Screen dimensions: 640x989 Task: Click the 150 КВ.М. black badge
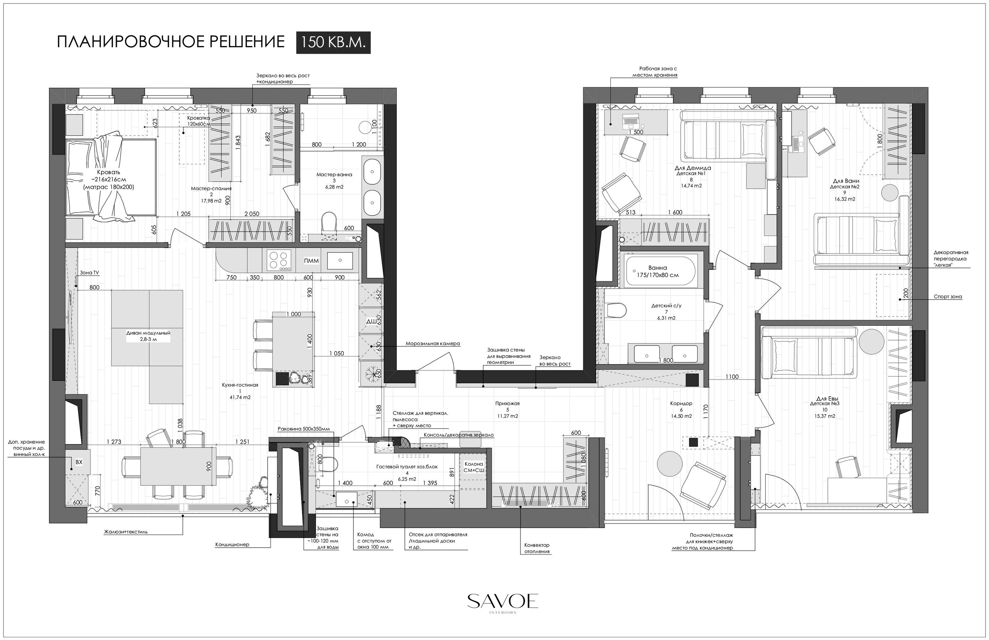point(333,43)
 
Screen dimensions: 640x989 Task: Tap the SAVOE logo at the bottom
point(503,601)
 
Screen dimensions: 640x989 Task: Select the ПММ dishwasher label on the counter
point(311,261)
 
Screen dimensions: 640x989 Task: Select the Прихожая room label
point(507,403)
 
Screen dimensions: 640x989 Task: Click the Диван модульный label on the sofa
point(148,333)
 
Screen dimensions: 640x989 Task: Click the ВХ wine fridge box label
point(79,462)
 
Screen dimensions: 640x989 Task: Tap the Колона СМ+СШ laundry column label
point(474,467)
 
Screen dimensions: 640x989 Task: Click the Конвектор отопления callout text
point(537,548)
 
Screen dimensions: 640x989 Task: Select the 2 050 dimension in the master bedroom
point(252,214)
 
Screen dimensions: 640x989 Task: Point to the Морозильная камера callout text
point(433,344)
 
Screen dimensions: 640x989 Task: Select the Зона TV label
point(89,272)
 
